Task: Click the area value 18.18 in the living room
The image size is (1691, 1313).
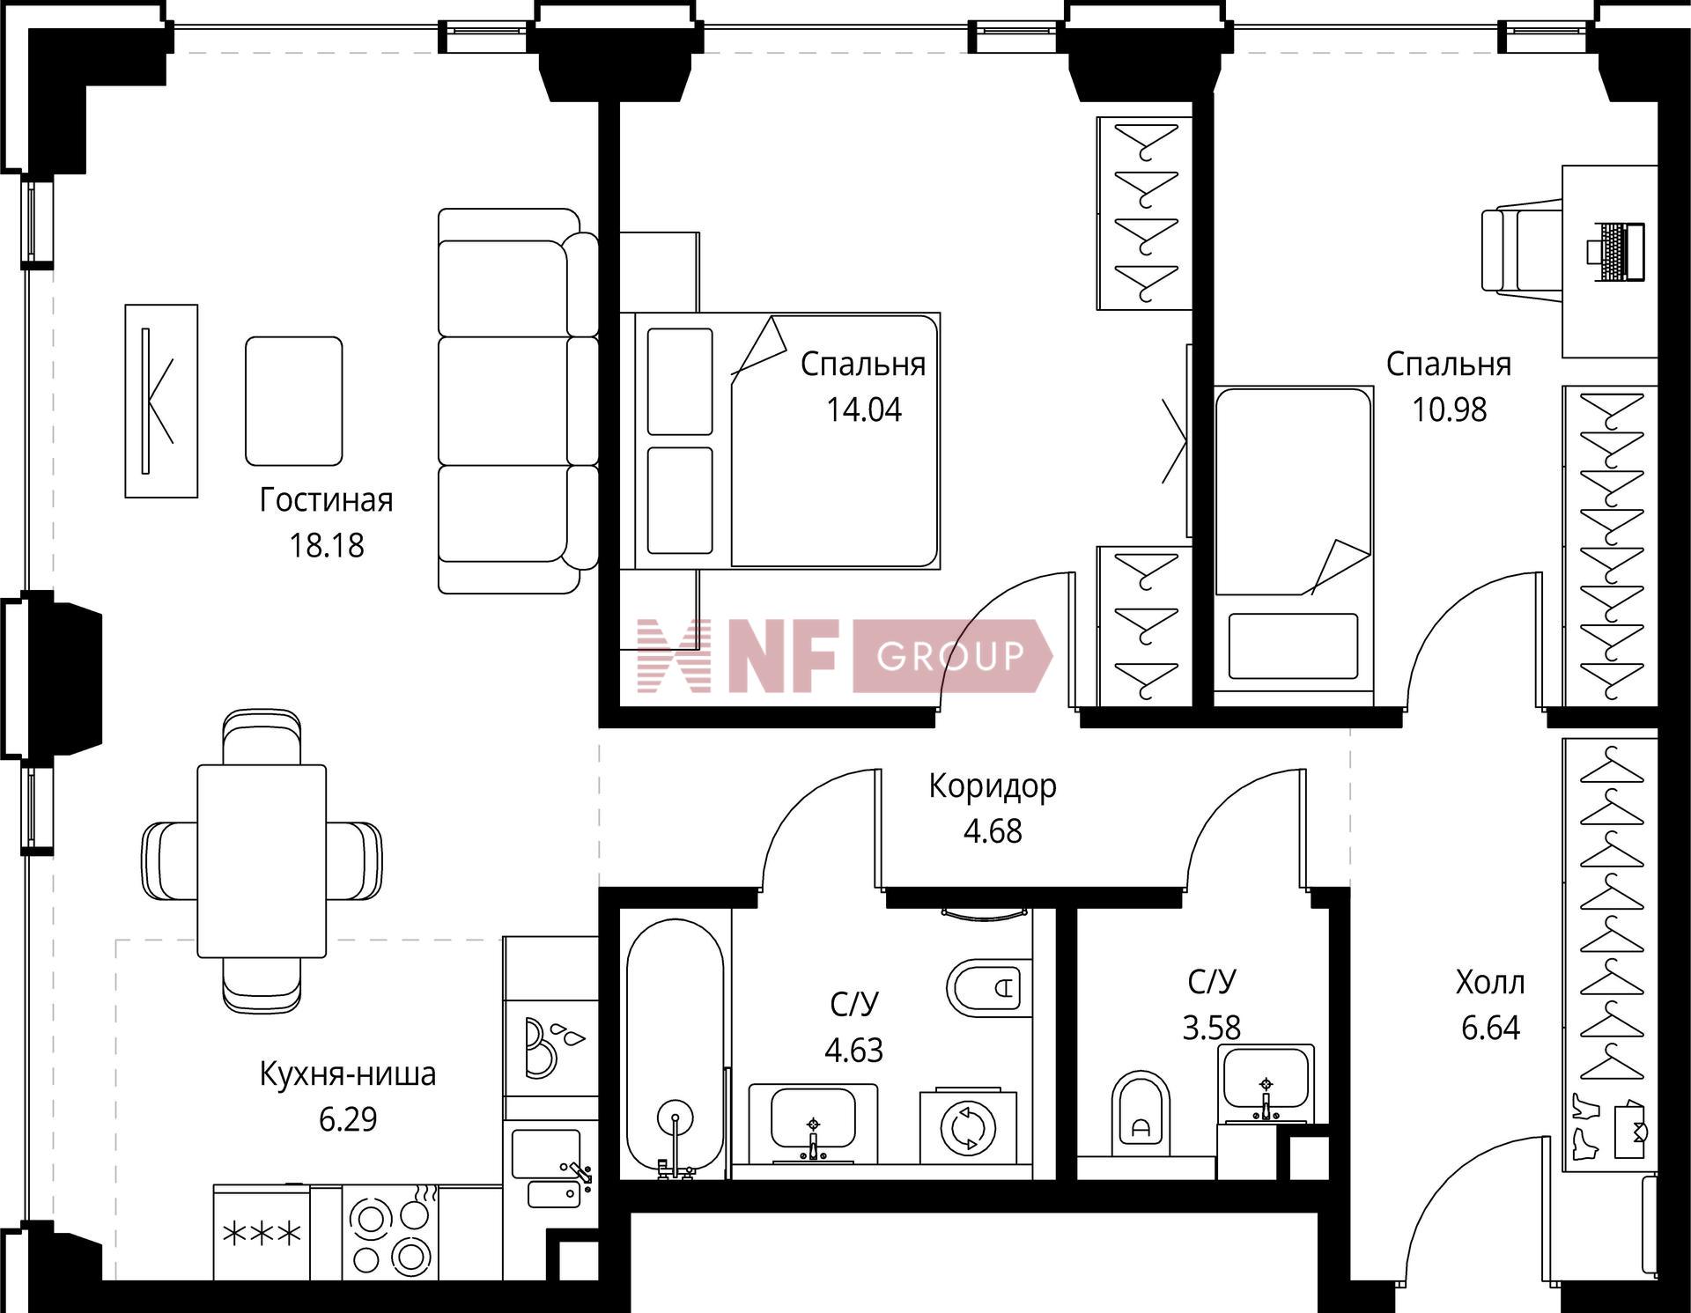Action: (327, 546)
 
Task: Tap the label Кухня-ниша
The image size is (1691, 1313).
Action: (348, 1074)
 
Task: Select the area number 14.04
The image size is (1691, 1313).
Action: (864, 410)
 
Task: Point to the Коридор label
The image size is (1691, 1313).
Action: (993, 786)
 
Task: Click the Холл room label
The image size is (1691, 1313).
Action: (1490, 982)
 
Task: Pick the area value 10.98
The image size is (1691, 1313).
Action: (1450, 410)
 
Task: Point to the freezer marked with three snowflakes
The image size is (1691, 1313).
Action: (262, 1233)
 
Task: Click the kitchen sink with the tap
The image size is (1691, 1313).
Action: (547, 1168)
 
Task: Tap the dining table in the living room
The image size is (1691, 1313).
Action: (262, 860)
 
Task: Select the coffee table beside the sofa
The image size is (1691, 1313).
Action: (293, 401)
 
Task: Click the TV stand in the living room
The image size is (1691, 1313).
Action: (161, 401)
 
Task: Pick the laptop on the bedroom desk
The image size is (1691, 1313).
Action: (1616, 252)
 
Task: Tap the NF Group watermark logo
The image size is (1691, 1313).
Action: (845, 656)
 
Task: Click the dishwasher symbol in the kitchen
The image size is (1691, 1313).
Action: (550, 1047)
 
